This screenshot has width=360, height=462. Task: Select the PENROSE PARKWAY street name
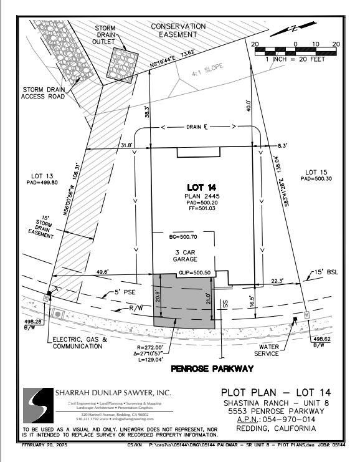[x=212, y=369]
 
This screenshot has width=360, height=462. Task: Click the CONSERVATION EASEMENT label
[x=179, y=31]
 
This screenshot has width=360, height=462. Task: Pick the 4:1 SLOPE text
[x=206, y=72]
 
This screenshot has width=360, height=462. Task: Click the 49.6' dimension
[x=102, y=271]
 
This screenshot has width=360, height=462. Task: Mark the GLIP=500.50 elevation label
[x=194, y=272]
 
